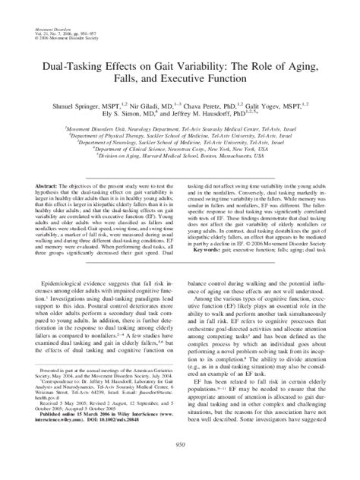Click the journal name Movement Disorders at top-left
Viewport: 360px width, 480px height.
[x=49, y=6]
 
